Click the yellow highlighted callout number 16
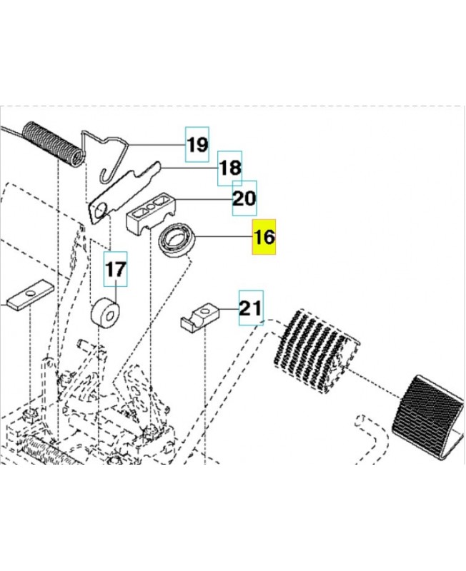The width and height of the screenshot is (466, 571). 264,237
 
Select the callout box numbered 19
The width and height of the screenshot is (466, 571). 197,146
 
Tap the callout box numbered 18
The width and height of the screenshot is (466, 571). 230,169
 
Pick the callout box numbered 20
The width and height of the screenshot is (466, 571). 244,198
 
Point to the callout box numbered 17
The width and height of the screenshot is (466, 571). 116,269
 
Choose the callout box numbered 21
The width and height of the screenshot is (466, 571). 250,308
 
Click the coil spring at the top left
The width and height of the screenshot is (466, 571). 49,143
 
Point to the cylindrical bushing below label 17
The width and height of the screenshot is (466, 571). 106,313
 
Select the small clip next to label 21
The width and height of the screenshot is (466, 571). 198,315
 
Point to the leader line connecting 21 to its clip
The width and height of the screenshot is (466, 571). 228,309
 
